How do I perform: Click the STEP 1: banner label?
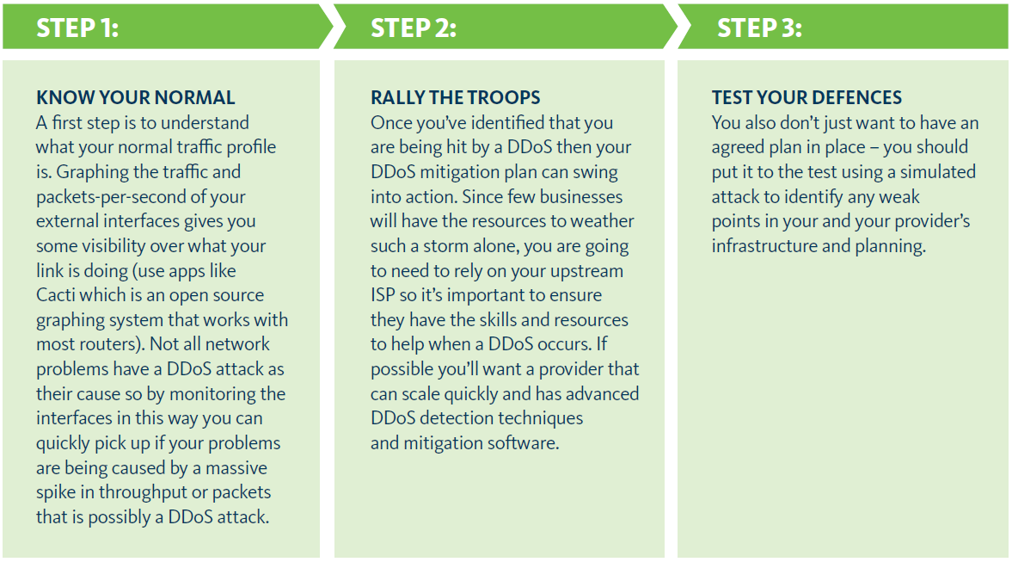click(77, 28)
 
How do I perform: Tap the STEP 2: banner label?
click(414, 28)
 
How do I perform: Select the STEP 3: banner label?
click(759, 28)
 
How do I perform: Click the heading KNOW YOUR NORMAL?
click(135, 98)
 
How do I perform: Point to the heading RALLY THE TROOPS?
click(456, 98)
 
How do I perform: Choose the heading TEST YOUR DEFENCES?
click(807, 98)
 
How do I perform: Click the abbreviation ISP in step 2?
click(383, 295)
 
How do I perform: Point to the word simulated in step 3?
click(937, 172)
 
